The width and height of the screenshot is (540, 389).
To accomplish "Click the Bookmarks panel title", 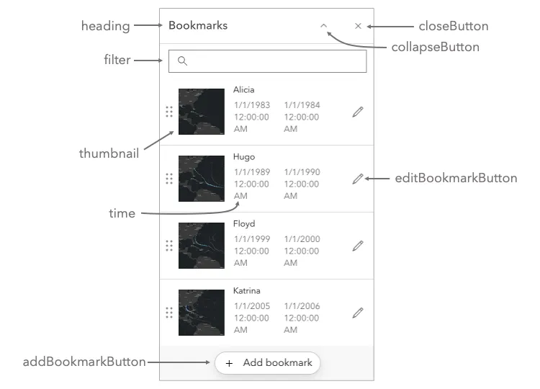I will click(198, 26).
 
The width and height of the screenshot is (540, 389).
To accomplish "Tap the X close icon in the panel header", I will click(358, 26).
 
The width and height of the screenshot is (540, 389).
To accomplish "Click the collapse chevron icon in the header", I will click(324, 25).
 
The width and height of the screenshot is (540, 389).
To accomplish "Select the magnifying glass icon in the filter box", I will click(182, 61).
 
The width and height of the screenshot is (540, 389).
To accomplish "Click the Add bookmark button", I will click(268, 363).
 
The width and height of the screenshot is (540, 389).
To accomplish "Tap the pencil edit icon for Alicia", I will click(358, 112).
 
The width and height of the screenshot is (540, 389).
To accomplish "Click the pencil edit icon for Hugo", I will click(358, 179).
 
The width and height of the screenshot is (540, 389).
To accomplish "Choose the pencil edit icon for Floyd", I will click(358, 246).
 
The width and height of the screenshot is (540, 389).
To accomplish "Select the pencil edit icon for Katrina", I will click(358, 313).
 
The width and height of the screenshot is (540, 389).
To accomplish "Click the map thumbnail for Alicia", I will click(202, 112).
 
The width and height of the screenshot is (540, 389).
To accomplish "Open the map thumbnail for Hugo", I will click(202, 179).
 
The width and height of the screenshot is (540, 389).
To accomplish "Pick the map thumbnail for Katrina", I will click(202, 313).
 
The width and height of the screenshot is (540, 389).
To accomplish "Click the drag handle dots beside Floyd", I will click(169, 246).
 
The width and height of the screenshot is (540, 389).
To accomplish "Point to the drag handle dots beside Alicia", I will click(169, 112).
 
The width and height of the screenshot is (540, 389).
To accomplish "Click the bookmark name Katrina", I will click(247, 291).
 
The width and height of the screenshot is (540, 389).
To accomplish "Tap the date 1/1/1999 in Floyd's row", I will click(252, 239).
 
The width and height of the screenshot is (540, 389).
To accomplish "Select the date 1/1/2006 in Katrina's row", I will click(302, 306).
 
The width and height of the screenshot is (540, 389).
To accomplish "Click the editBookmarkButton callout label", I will click(456, 178).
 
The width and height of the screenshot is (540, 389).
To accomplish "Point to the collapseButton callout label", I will click(435, 47).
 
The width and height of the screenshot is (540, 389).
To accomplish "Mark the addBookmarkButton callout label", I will click(84, 362).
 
